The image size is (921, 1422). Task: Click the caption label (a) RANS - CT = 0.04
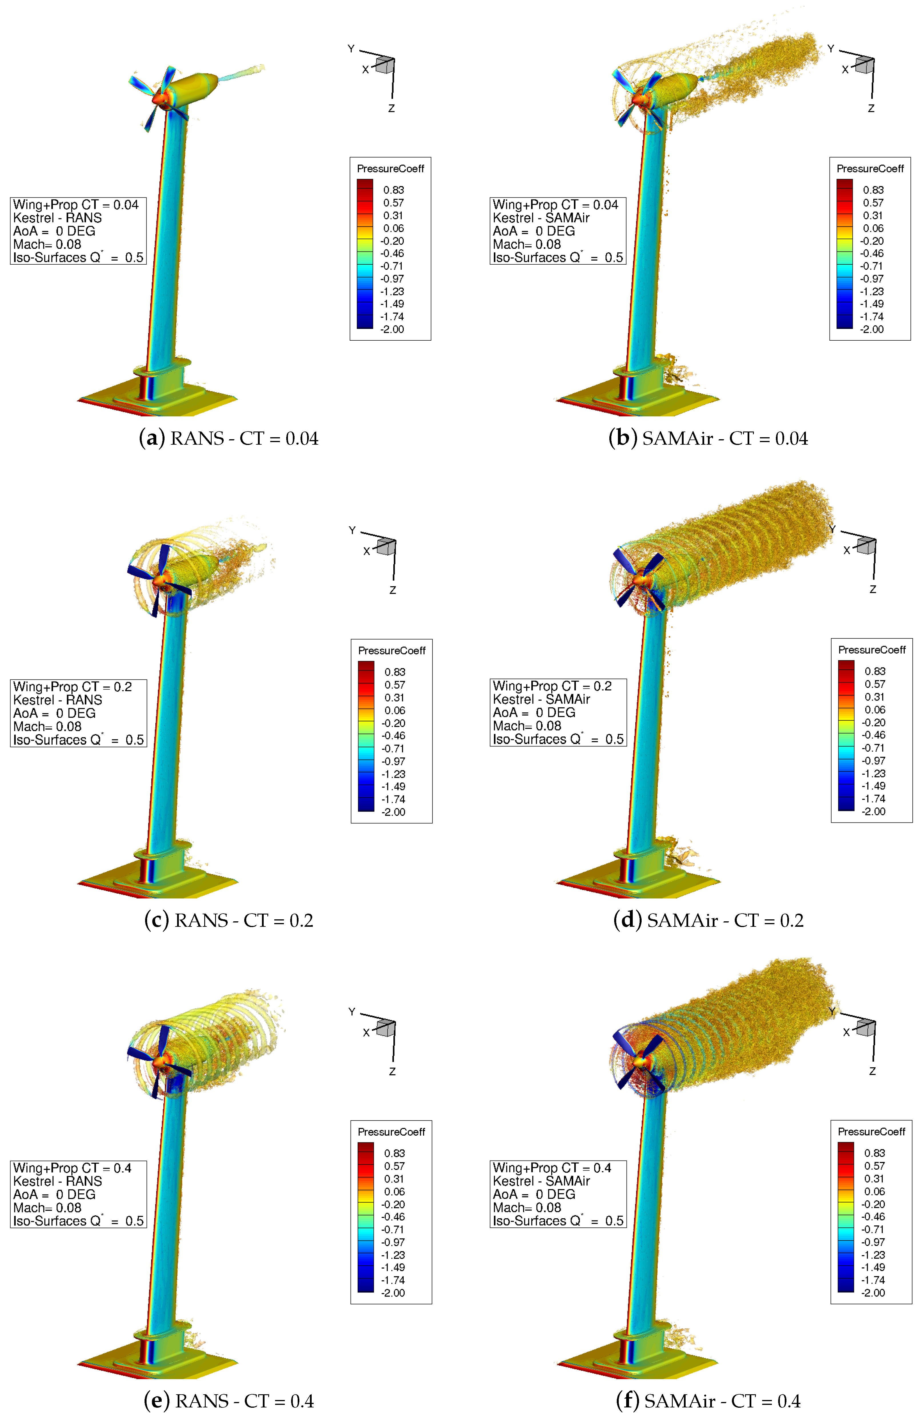point(229,439)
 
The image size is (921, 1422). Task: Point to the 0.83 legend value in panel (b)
point(873,190)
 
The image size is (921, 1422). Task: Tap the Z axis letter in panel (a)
point(391,108)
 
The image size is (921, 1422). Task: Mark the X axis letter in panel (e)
point(366,1032)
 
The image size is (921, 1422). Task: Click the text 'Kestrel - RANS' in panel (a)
point(57,218)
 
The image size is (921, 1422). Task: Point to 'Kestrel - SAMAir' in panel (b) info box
point(541,218)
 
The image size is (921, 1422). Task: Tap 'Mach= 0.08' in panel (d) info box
point(527,726)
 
